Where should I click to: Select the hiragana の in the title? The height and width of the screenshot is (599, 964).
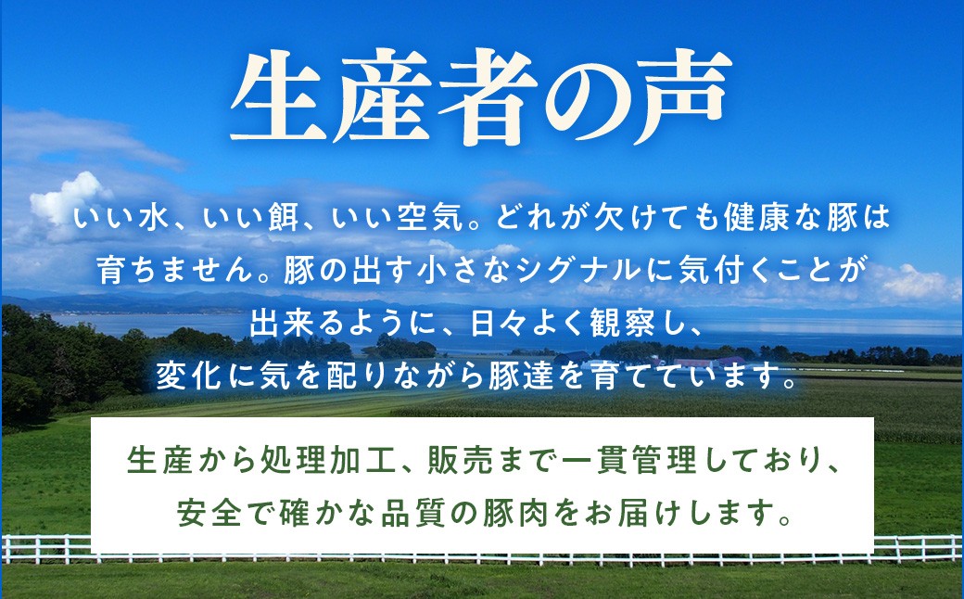click(x=581, y=99)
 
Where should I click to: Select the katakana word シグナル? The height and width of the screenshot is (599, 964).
click(x=585, y=270)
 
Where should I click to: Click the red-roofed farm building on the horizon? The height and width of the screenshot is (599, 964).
click(x=704, y=362)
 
